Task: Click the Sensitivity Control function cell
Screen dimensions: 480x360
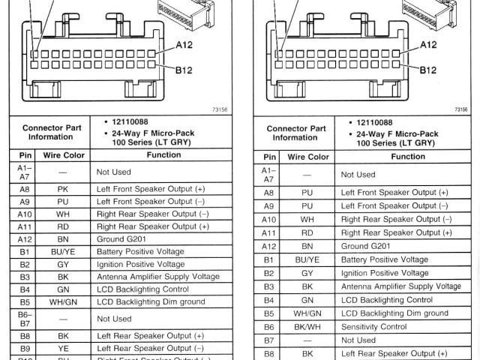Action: [x=373, y=326]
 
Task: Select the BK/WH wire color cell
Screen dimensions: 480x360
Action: [x=307, y=326]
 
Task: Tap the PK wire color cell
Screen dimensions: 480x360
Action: [x=62, y=189]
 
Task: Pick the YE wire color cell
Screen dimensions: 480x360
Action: [x=62, y=348]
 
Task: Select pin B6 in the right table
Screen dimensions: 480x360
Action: [x=268, y=326]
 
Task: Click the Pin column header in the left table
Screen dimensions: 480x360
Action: [x=22, y=155]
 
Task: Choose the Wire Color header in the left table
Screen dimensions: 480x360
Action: [x=62, y=155]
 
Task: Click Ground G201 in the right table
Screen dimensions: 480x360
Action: [x=365, y=246]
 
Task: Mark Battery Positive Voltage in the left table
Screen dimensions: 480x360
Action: [x=140, y=252]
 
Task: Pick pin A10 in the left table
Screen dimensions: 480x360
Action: [x=23, y=214]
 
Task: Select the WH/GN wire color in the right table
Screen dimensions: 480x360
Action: [x=307, y=313]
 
